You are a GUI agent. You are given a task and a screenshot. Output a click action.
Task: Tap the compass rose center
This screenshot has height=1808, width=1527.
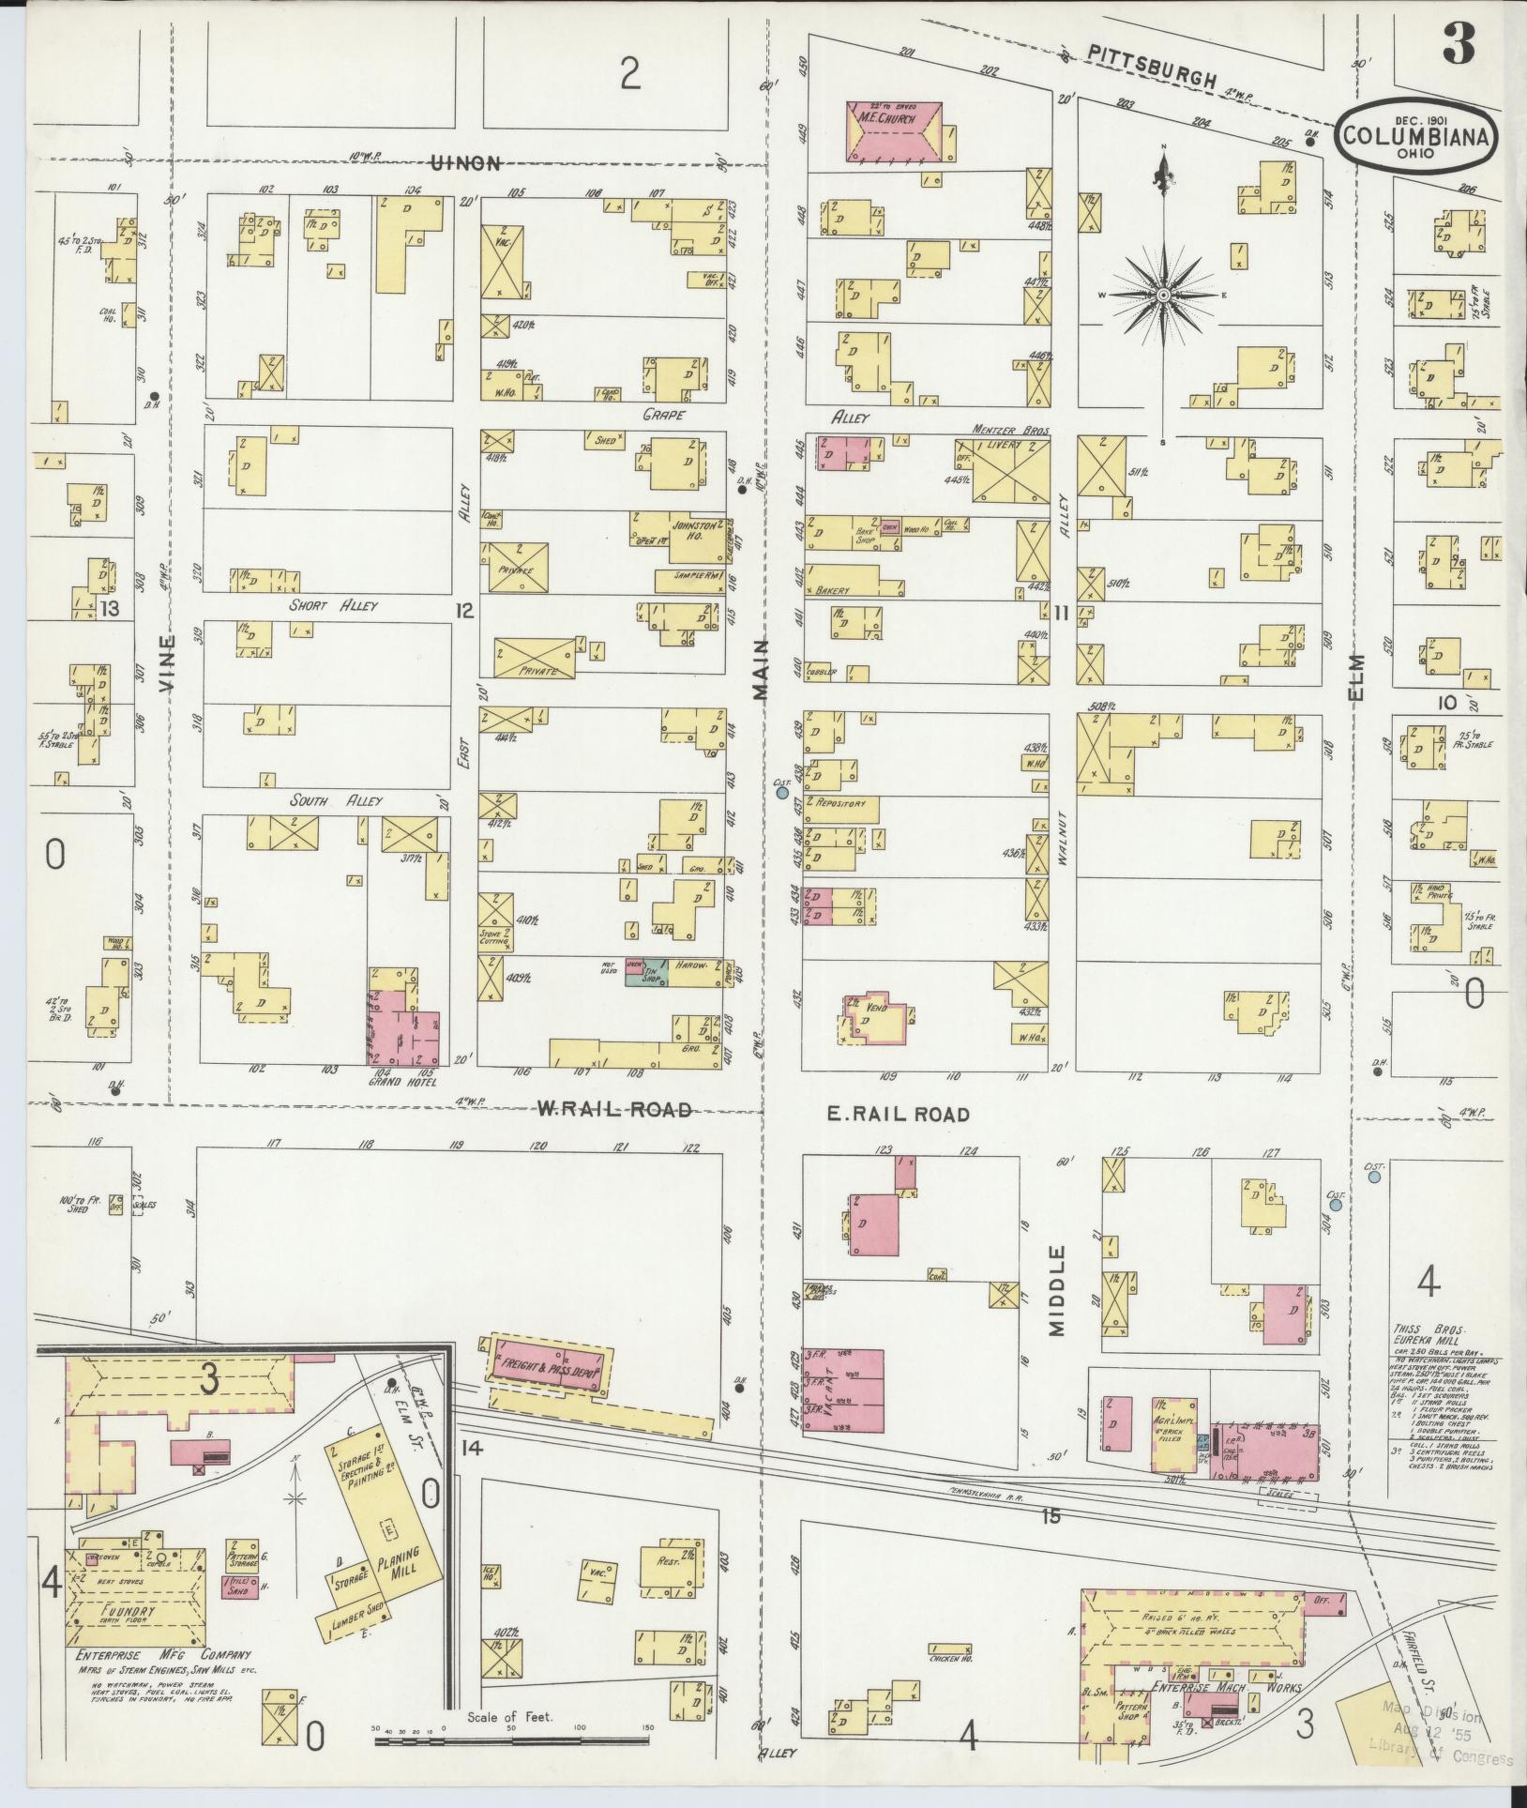pyautogui.click(x=1163, y=296)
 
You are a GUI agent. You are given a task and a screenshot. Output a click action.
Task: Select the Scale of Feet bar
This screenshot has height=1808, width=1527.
pyautogui.click(x=511, y=1741)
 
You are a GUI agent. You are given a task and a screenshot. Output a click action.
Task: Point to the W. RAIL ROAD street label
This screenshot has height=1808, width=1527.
pyautogui.click(x=614, y=1110)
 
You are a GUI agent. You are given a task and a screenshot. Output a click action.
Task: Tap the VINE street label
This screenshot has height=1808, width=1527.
pyautogui.click(x=167, y=664)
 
